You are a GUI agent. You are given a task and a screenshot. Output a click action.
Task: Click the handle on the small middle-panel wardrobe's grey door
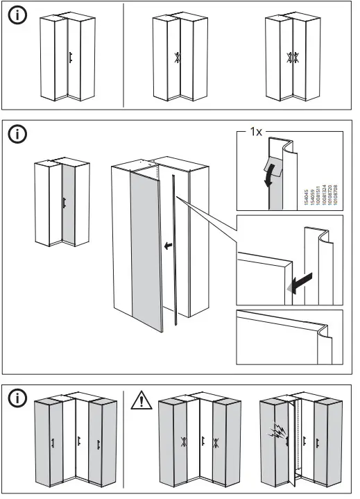pos(64,203)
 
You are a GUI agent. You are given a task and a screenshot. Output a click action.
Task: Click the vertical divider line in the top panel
pos(123,56)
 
